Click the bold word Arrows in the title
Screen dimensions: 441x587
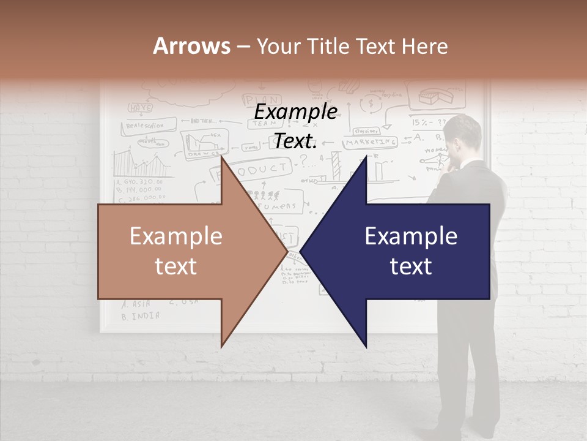(191, 46)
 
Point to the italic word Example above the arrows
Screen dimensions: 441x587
(295, 112)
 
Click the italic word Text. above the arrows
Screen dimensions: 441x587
(295, 141)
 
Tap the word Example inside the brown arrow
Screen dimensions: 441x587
(176, 236)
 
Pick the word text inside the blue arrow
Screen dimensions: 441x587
(411, 266)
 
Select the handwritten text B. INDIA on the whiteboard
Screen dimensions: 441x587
(141, 316)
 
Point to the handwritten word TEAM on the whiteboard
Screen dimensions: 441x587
(262, 122)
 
